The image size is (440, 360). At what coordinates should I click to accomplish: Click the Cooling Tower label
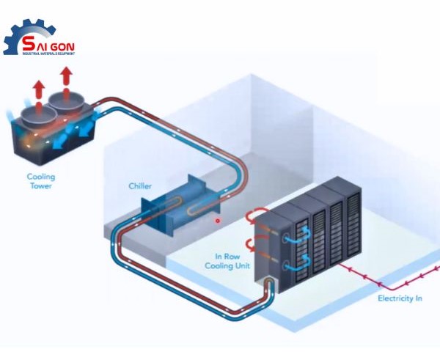pyautogui.click(x=41, y=181)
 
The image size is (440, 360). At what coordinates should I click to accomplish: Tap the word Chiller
pyautogui.click(x=140, y=186)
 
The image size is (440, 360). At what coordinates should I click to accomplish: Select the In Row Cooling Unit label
pyautogui.click(x=233, y=261)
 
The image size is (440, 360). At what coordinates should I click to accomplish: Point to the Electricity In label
pyautogui.click(x=400, y=298)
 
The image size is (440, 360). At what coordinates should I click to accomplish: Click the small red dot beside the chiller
pyautogui.click(x=218, y=220)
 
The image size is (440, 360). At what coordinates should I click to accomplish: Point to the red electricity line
pyautogui.click(x=389, y=283)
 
